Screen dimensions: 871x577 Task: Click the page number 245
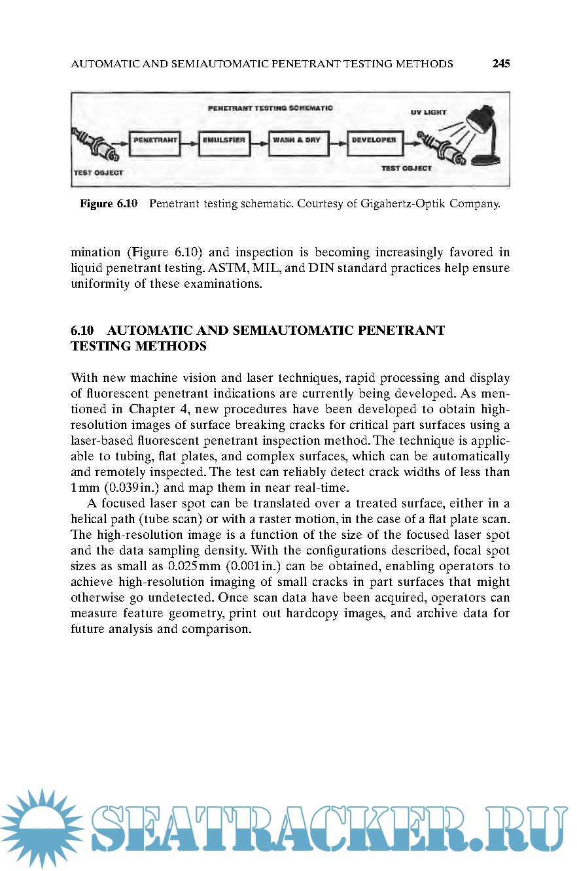click(501, 63)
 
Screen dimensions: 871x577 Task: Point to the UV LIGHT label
click(428, 112)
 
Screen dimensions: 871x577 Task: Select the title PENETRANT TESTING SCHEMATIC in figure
click(271, 107)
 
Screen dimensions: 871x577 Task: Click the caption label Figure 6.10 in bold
click(109, 204)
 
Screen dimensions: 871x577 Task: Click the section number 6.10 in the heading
click(82, 330)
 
